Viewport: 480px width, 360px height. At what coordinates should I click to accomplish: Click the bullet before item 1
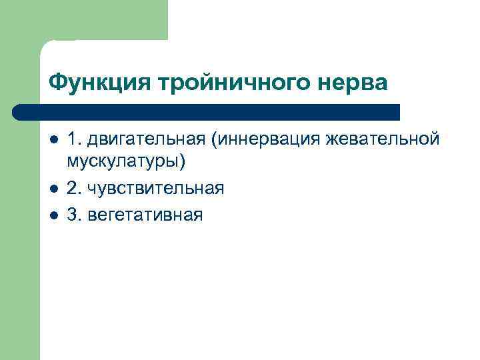[53, 140]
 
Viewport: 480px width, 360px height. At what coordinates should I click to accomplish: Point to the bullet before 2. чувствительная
[53, 189]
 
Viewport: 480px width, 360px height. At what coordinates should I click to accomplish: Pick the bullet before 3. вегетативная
[53, 215]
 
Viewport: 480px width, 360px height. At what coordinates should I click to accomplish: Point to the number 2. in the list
[74, 189]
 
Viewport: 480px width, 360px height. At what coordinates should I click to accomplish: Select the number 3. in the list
[74, 215]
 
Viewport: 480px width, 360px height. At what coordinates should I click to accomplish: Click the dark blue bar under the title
[207, 111]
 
